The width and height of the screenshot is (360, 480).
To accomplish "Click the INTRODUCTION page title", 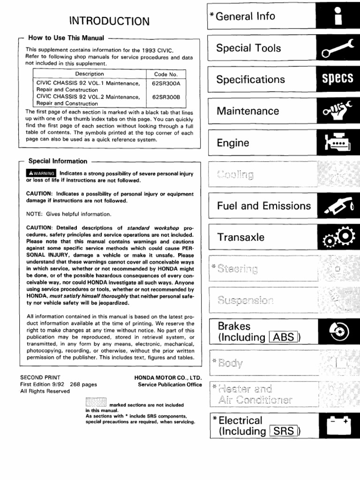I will coord(109,21).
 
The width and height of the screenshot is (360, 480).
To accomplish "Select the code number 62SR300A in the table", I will coord(166,83).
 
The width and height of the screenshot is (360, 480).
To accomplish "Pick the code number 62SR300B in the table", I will coord(166,97).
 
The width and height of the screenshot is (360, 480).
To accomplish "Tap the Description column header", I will coord(90,74).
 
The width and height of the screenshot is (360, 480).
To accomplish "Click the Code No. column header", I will coord(166,74).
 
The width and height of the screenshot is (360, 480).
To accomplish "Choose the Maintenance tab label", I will coord(247,111).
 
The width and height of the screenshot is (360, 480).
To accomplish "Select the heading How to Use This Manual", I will coord(66,38).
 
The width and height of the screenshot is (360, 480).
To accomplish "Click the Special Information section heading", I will coord(58,161).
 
